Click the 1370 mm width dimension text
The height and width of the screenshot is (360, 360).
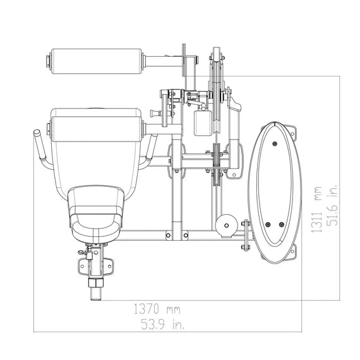[157, 309]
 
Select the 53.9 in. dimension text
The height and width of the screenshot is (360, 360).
[162, 325]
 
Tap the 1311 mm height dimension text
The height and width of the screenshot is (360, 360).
[317, 210]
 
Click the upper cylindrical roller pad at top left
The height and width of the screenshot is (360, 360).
[97, 61]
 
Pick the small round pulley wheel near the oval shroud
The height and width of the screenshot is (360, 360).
[226, 225]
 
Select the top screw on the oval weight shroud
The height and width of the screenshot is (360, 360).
[275, 144]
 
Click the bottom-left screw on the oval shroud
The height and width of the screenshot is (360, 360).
[268, 225]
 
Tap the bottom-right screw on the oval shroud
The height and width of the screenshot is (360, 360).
[282, 225]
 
